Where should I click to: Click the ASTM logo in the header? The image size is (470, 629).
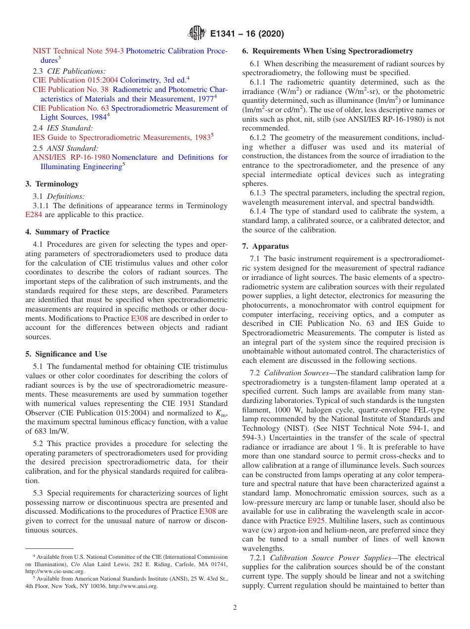pyautogui.click(x=196, y=34)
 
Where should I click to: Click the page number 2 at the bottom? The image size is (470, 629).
pyautogui.click(x=235, y=607)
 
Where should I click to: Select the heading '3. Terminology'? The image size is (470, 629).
pyautogui.click(x=52, y=184)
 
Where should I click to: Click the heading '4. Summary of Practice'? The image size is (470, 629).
pyautogui.click(x=67, y=232)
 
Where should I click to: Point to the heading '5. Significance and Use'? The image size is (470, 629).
pyautogui.click(x=66, y=354)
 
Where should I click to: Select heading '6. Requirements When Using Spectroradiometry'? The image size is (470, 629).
pyautogui.click(x=328, y=51)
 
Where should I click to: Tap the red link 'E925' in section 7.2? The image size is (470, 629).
pyautogui.click(x=315, y=521)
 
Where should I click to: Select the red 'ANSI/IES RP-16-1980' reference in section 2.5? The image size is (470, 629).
pyautogui.click(x=71, y=157)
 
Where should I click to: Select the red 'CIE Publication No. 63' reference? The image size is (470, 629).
pyautogui.click(x=71, y=108)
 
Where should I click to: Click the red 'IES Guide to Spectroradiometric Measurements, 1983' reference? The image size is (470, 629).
pyautogui.click(x=121, y=137)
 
